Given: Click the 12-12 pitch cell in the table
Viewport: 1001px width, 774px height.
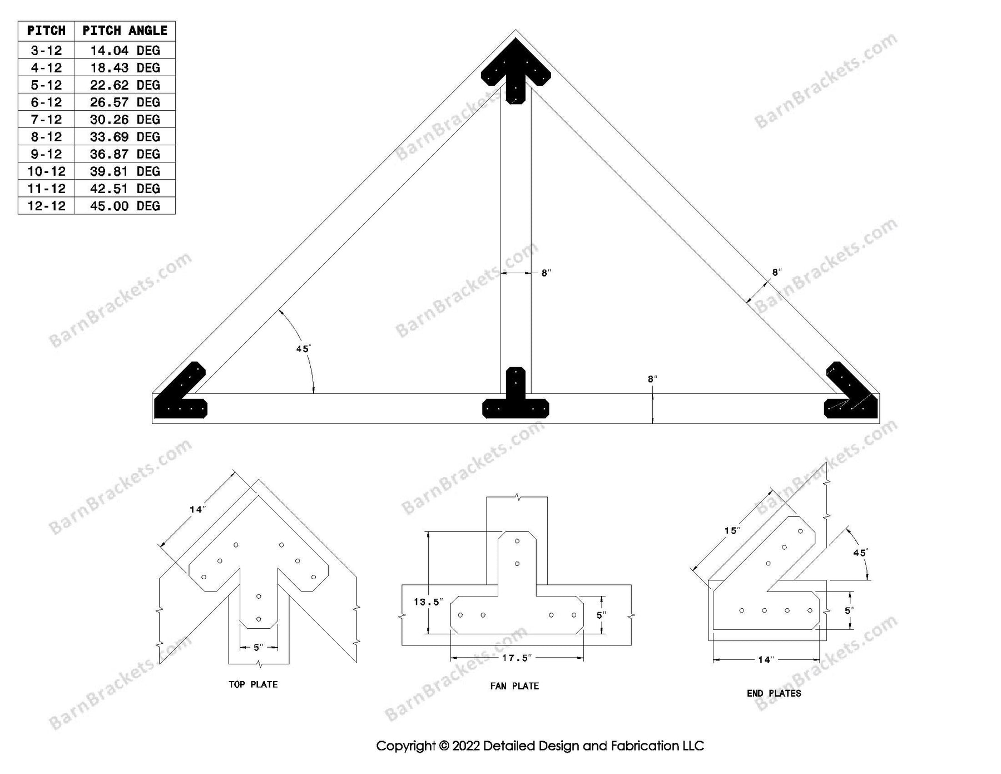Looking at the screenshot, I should (46, 206).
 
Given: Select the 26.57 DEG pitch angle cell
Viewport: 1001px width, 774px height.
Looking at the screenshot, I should (125, 102).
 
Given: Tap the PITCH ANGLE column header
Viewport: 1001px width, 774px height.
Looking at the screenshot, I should (125, 31).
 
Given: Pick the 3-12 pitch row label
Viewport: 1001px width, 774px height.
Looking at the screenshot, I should (46, 51).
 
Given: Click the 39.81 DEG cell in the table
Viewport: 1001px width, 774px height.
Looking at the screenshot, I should (125, 171).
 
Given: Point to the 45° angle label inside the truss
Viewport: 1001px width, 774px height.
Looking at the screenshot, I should (303, 349).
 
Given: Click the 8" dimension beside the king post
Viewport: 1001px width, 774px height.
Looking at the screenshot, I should (546, 273).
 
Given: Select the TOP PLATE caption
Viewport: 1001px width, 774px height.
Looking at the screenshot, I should (253, 684).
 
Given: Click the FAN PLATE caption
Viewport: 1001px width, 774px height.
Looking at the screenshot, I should (514, 686).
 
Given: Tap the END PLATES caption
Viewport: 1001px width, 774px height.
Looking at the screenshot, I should (774, 693).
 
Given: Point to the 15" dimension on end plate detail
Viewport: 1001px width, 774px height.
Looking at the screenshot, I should (732, 530).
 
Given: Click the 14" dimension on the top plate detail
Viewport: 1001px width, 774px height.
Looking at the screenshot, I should (197, 509).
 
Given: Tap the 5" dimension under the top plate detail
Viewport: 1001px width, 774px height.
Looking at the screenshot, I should (259, 648).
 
